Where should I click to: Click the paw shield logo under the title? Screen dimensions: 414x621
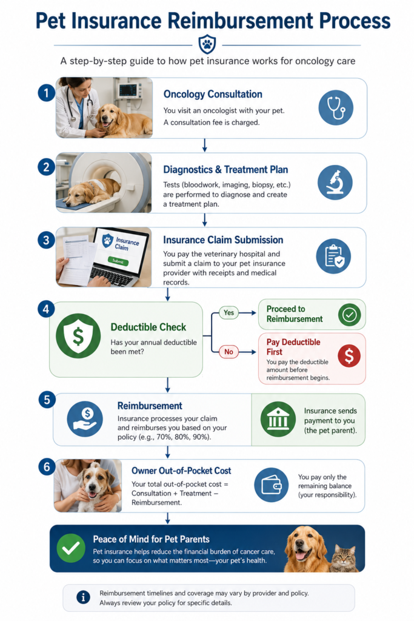pyautogui.click(x=207, y=44)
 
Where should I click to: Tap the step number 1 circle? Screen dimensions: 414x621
pyautogui.click(x=46, y=93)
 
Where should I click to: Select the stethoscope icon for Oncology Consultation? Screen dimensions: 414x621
pyautogui.click(x=336, y=107)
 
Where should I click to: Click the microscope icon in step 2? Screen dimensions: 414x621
pyautogui.click(x=335, y=182)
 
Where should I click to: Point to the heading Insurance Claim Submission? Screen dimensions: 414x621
pyautogui.click(x=223, y=240)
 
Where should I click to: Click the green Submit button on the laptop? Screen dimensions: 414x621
pyautogui.click(x=118, y=261)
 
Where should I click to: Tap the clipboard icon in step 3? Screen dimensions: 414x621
pyautogui.click(x=333, y=257)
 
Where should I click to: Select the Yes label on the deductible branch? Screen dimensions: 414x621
pyautogui.click(x=229, y=313)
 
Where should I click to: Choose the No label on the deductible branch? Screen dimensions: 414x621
pyautogui.click(x=229, y=352)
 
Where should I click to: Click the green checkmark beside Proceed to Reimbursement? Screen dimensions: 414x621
pyautogui.click(x=350, y=315)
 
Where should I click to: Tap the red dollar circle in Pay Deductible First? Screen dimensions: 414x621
pyautogui.click(x=349, y=355)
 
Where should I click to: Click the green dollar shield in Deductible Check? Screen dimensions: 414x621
pyautogui.click(x=78, y=336)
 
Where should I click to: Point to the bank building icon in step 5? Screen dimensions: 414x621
pyautogui.click(x=278, y=420)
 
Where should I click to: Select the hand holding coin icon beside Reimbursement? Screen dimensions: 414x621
pyautogui.click(x=85, y=419)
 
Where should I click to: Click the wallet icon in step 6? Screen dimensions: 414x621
pyautogui.click(x=271, y=485)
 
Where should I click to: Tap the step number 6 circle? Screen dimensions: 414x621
pyautogui.click(x=47, y=467)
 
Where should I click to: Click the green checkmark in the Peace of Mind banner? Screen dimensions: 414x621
pyautogui.click(x=71, y=548)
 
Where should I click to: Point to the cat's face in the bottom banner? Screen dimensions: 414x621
pyautogui.click(x=342, y=557)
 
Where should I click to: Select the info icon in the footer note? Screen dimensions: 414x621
pyautogui.click(x=83, y=597)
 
